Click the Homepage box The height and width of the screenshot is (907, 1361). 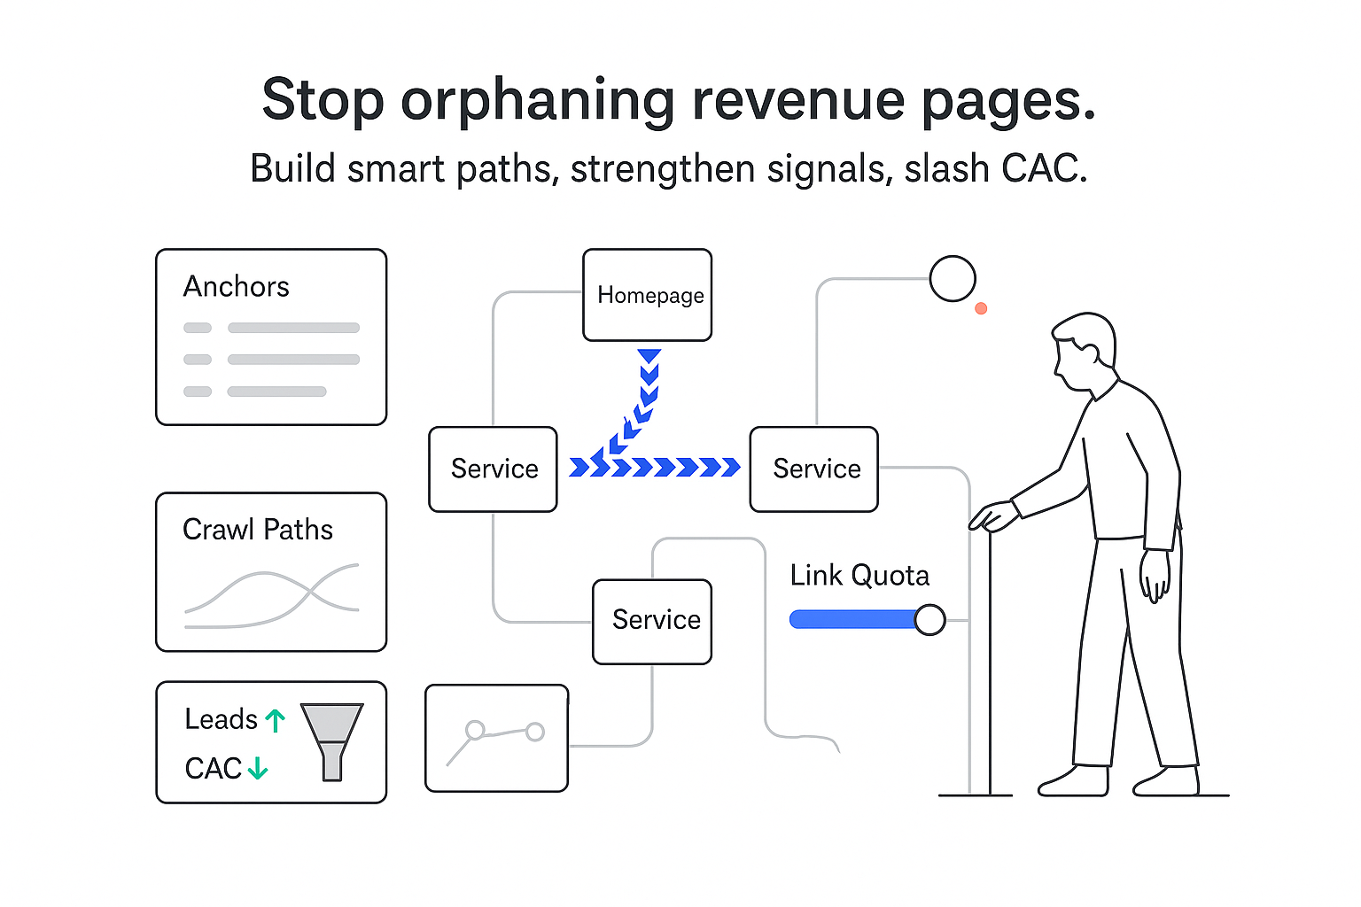(648, 295)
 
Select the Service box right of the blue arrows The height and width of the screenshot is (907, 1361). (814, 469)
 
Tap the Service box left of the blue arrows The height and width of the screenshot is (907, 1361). (493, 469)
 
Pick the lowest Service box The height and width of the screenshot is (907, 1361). (652, 621)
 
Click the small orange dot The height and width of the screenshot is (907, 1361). (981, 308)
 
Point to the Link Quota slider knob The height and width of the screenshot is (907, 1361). (929, 619)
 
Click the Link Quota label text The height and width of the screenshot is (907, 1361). (859, 576)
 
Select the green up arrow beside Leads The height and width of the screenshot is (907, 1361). (276, 720)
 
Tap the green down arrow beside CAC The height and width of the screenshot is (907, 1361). (258, 768)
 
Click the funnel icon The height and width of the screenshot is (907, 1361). (332, 740)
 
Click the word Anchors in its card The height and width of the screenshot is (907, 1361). (236, 287)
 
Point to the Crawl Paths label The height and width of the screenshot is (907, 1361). (257, 530)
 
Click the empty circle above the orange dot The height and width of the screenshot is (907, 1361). (953, 278)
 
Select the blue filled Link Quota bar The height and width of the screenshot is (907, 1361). (852, 619)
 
